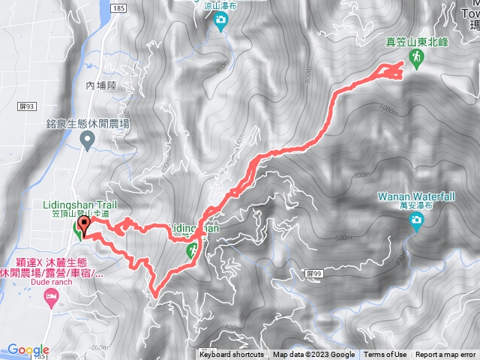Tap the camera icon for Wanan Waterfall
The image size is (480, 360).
(x=416, y=220)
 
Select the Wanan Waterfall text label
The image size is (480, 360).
(x=417, y=196)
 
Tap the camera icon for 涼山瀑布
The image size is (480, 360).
(x=220, y=23)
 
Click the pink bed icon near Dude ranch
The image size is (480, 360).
(x=51, y=298)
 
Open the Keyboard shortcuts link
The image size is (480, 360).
(x=232, y=355)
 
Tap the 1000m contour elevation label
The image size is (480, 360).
(x=388, y=110)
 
